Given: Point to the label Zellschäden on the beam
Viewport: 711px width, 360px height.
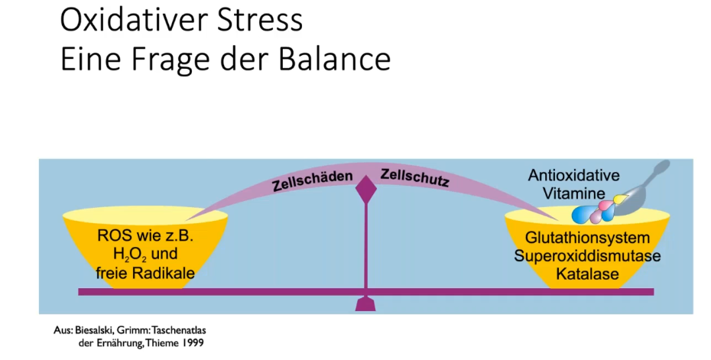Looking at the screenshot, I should point(313,181).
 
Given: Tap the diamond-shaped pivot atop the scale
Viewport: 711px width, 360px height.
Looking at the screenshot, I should point(367,186).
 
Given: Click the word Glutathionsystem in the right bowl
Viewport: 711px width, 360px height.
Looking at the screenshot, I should point(582,238).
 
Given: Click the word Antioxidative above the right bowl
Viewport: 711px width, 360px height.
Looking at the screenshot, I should point(573,176).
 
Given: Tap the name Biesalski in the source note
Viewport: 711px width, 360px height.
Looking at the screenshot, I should point(94,330).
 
